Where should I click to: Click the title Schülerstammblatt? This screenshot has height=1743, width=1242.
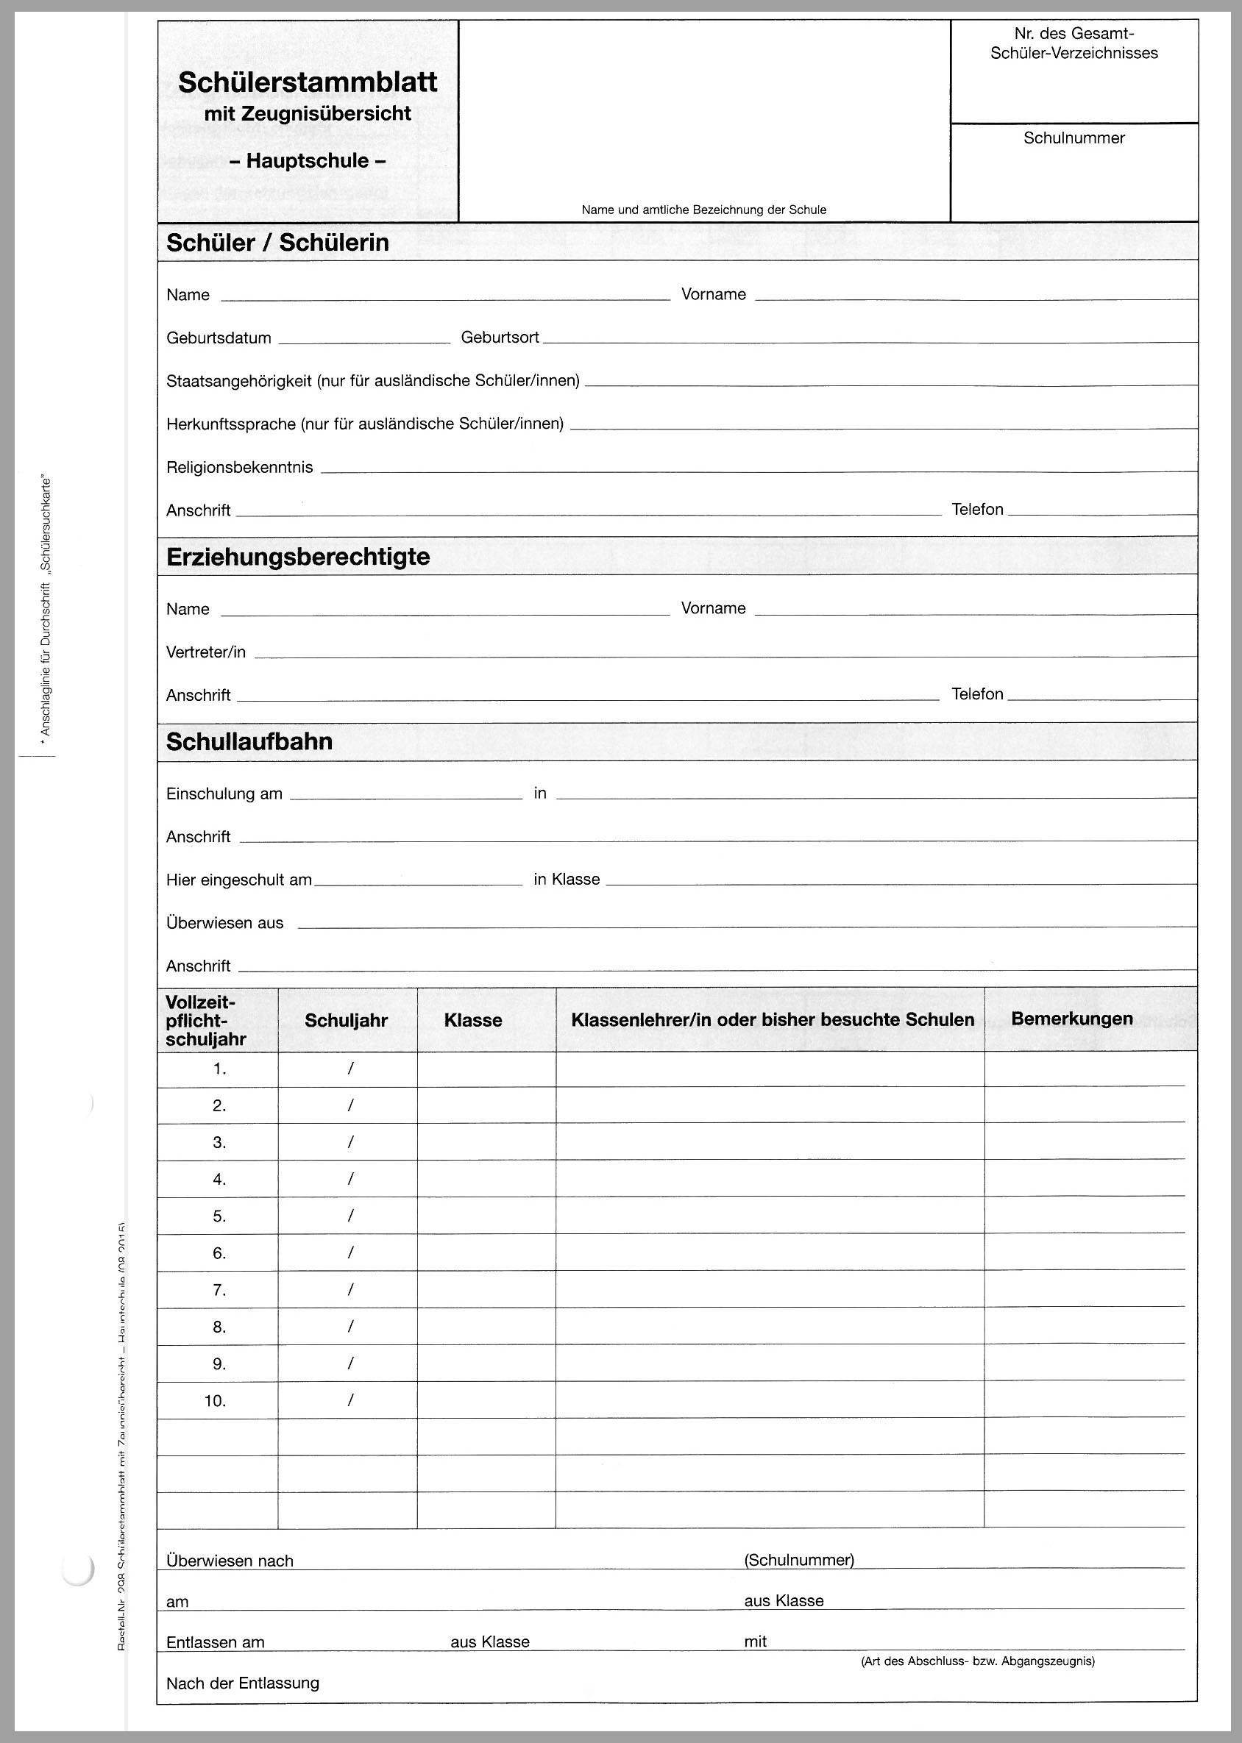coord(308,82)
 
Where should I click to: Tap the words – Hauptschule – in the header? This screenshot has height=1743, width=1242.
coord(308,161)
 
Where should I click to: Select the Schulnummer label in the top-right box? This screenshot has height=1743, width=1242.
coord(1074,138)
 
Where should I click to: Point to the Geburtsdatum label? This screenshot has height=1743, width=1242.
coord(219,338)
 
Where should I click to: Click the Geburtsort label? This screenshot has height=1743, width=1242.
coord(500,337)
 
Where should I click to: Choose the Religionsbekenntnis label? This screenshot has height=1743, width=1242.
coord(239,467)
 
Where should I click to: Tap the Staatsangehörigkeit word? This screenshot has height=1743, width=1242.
coord(239,381)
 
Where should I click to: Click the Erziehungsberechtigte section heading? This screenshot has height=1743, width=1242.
coord(297,557)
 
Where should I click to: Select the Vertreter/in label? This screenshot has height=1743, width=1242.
coord(206,652)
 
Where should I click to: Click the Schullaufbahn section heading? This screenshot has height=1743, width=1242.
coord(249,741)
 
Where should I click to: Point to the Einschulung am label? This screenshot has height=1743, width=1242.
coord(224,794)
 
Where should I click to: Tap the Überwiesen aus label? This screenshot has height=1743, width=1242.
coord(225,923)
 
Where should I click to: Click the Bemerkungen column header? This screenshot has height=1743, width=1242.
coord(1071,1019)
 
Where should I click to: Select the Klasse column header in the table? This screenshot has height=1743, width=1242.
coord(472,1020)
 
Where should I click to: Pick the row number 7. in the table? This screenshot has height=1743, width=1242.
coord(219,1290)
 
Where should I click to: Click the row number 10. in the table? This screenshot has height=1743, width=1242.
coord(215,1400)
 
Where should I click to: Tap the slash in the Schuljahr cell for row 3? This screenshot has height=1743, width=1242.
coord(350,1142)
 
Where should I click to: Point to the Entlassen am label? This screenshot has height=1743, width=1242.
coord(215,1642)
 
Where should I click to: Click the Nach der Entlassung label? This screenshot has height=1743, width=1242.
coord(242,1683)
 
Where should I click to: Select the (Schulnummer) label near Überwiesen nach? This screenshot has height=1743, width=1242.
coord(798,1560)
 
